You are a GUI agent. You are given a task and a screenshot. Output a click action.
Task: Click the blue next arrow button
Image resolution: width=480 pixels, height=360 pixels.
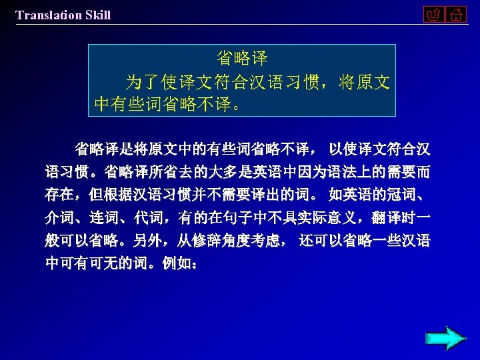click(445, 338)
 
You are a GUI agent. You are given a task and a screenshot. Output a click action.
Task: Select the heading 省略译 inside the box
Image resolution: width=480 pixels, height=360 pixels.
click(242, 59)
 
